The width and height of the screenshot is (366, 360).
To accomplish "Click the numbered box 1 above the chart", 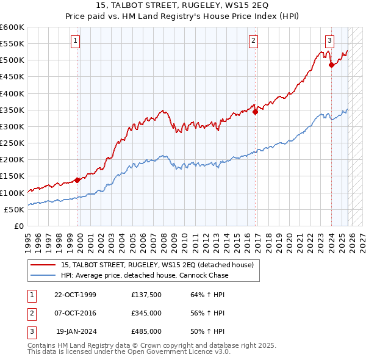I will point(75,41).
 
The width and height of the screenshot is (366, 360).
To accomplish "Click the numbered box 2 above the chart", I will point(253,41).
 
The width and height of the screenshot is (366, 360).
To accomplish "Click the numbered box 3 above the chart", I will point(329,41).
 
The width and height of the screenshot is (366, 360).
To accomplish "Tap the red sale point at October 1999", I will point(77,180).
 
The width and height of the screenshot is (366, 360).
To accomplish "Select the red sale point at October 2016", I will point(256,112).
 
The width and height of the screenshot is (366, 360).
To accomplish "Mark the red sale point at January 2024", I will point(331,65).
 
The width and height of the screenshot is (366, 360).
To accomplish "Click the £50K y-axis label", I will point(14,209).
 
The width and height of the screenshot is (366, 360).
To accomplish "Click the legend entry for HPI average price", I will point(145,275).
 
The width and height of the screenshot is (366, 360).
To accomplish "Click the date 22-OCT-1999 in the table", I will point(76,295).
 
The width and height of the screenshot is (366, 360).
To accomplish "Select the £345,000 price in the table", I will point(146,313).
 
